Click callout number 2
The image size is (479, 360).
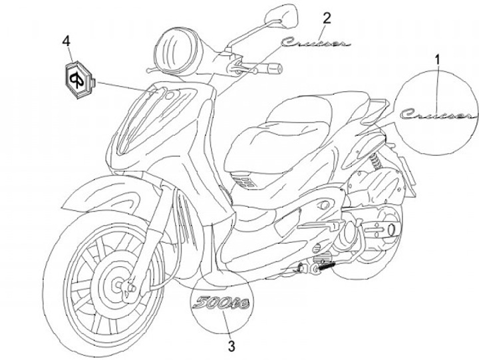pyautogui.click(x=327, y=17)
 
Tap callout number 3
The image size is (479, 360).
pyautogui.click(x=231, y=345)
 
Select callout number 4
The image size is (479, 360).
pyautogui.click(x=67, y=41)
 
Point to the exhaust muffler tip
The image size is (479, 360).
pyautogui.click(x=392, y=230)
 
